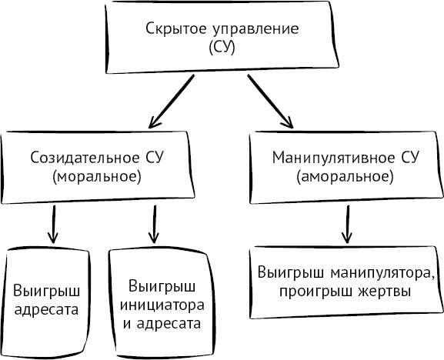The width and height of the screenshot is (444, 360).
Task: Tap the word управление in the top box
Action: tap(239, 28)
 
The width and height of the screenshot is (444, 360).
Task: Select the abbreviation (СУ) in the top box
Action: tap(221, 47)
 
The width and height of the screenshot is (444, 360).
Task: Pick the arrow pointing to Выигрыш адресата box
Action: tap(52, 223)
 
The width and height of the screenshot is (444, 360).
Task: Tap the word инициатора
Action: tap(159, 305)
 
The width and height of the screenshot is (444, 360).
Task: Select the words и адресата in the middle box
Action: tap(159, 323)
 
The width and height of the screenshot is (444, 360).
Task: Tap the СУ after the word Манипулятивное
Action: tap(409, 158)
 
